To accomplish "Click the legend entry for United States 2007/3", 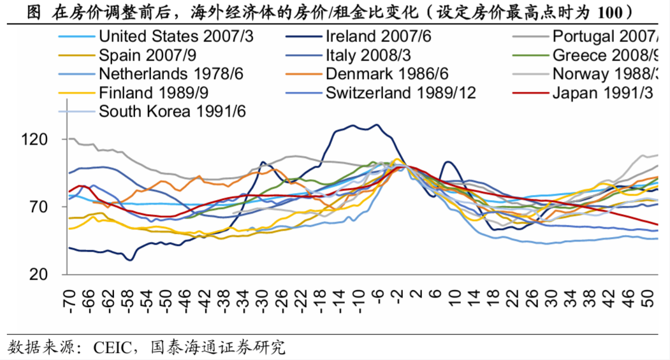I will coord(176,36).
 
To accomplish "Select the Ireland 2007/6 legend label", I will coord(378,36).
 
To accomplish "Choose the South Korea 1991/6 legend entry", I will coord(173,112).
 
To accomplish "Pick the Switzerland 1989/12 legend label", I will coord(400,93).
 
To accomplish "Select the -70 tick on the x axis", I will coord(69,299).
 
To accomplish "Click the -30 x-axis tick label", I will coord(262,299).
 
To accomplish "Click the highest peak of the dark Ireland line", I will coord(377,125).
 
